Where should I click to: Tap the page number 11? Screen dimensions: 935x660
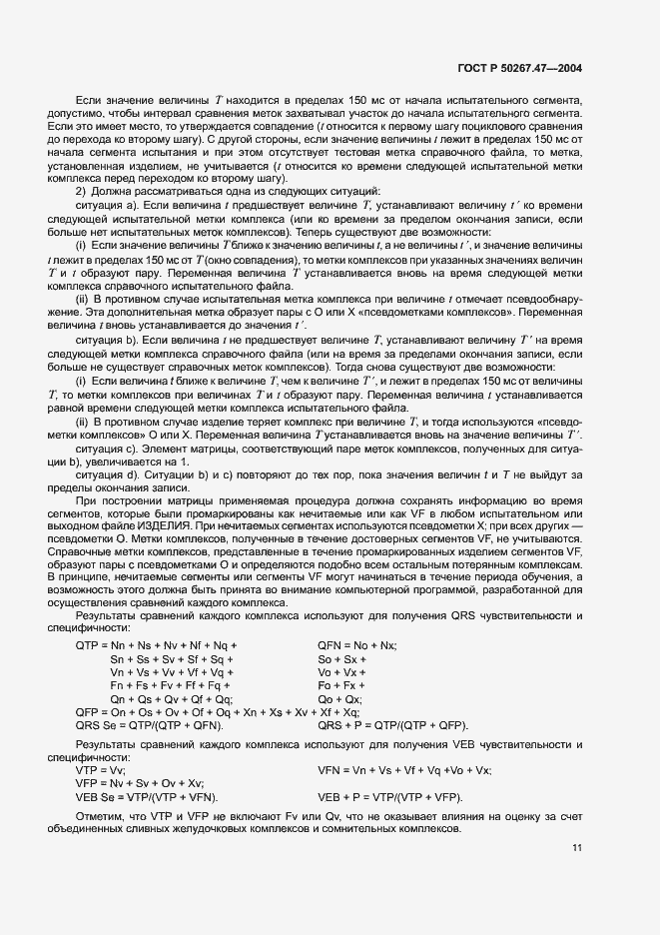pyautogui.click(x=578, y=848)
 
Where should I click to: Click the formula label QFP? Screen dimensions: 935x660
pyautogui.click(x=90, y=711)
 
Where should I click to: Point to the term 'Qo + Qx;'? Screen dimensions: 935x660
pyautogui.click(x=339, y=698)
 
